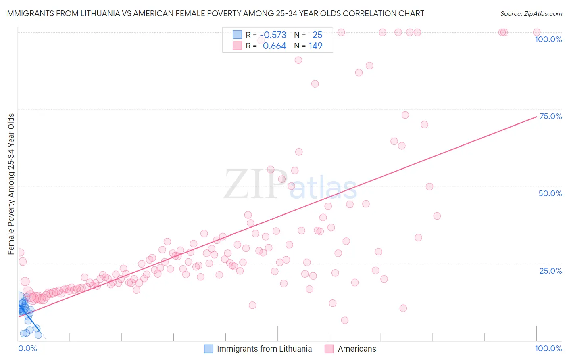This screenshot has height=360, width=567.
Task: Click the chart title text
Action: (x=215, y=13)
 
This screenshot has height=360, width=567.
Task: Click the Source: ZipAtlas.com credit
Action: (x=531, y=13)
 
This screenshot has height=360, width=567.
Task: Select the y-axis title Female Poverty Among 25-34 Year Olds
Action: (x=11, y=184)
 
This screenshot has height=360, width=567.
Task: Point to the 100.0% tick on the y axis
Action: (x=548, y=39)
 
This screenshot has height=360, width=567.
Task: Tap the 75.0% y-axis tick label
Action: (x=550, y=116)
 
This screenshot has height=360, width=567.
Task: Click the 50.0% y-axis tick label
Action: (x=550, y=193)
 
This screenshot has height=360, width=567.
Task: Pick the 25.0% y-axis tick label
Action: (x=550, y=271)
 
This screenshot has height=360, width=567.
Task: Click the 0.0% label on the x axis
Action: (x=27, y=348)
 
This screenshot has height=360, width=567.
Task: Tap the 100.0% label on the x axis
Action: (x=548, y=348)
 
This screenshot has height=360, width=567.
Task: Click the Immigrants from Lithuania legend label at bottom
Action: (x=264, y=349)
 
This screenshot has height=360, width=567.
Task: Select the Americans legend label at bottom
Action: (x=357, y=349)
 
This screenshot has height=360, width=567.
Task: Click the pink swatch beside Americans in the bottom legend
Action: (x=329, y=349)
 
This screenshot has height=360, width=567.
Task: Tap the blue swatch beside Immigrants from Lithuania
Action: (x=208, y=349)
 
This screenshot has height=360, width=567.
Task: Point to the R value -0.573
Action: (x=273, y=35)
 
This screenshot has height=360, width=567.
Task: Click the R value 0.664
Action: (x=274, y=46)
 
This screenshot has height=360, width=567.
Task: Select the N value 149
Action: (x=315, y=46)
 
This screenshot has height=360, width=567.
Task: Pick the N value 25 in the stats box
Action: (x=317, y=35)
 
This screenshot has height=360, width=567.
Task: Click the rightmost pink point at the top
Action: (x=537, y=32)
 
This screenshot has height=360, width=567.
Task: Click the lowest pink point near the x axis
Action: (x=345, y=320)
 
